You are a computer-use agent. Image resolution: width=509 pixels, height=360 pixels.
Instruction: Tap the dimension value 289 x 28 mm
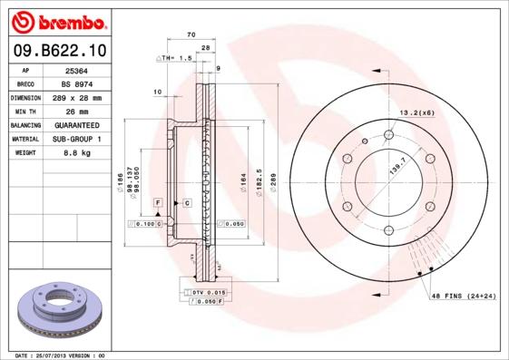(74, 97)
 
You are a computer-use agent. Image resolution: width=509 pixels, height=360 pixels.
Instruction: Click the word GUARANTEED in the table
(74, 124)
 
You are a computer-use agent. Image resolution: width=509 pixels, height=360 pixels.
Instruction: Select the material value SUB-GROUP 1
(74, 139)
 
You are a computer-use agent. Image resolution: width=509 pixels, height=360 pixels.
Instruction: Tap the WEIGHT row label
(24, 152)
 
